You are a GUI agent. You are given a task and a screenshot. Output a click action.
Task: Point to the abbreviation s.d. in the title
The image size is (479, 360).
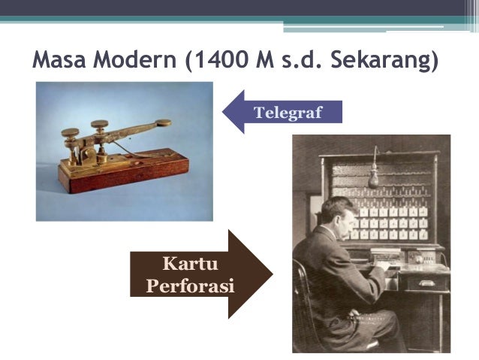tap(304, 60)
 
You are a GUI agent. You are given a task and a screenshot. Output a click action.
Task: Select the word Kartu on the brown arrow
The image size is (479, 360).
tap(186, 264)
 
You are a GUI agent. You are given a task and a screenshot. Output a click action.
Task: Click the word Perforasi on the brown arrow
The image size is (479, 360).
tap(186, 286)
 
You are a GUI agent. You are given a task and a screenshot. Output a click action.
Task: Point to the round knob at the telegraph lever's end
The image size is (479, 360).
tap(163, 123)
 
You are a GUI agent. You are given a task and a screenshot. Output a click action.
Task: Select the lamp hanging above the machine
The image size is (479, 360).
tap(373, 177)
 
